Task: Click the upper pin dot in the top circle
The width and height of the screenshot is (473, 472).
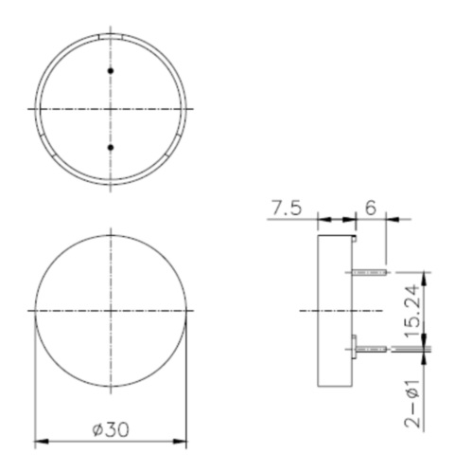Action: pyautogui.click(x=112, y=71)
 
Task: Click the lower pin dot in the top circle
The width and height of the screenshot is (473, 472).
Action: pyautogui.click(x=112, y=148)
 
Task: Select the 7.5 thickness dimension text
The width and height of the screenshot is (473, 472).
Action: pyautogui.click(x=287, y=208)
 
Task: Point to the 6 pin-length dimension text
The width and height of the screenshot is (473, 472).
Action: pyautogui.click(x=370, y=208)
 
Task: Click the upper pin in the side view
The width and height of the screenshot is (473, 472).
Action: pyautogui.click(x=370, y=273)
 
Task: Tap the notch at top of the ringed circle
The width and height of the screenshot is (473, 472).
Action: pyautogui.click(x=112, y=34)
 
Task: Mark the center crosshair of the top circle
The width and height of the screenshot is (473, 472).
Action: pyautogui.click(x=112, y=109)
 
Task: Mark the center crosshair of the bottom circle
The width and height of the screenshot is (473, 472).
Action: pyautogui.click(x=112, y=311)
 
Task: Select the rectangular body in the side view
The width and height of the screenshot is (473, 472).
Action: pyautogui.click(x=336, y=311)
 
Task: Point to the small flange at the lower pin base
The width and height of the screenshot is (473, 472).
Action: pyautogui.click(x=353, y=346)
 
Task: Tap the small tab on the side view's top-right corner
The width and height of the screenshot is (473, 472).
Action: pyautogui.click(x=354, y=239)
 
